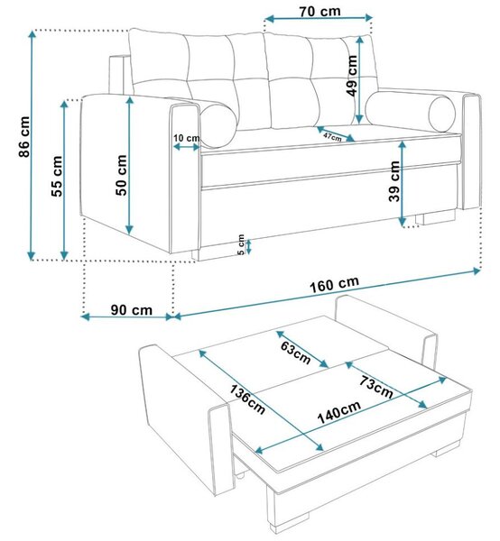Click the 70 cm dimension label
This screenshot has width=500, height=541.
319,12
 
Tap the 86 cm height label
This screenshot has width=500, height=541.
24,137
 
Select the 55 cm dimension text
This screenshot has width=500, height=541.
57,177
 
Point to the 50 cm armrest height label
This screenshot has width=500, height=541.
121,175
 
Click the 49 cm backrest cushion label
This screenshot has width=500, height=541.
352,76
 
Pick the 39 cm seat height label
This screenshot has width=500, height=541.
394,181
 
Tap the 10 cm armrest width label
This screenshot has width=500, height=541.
187,138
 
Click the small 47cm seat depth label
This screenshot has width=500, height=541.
332,137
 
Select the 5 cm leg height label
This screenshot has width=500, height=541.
241,244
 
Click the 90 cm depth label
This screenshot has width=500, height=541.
132,310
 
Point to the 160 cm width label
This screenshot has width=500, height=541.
334,284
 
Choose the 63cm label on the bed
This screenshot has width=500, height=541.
295,353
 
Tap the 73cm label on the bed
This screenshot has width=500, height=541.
376,387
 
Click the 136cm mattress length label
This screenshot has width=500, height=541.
247,399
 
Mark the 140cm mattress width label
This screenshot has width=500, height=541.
338,412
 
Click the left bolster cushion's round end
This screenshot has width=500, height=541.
218,126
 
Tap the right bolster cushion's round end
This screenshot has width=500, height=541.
442,115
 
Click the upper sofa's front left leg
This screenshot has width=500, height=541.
196,254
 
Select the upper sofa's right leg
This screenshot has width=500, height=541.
435,217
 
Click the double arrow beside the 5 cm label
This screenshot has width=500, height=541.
248,246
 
